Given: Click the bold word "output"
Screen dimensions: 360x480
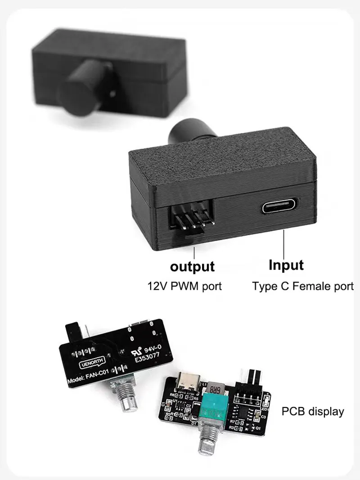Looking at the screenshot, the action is [x=192, y=266].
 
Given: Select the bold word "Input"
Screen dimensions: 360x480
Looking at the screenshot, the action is [x=286, y=265].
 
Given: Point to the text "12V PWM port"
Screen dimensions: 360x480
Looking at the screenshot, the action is [x=185, y=286].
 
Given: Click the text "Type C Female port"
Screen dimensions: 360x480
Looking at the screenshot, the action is [x=303, y=286].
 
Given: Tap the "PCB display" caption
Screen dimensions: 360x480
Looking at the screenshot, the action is [x=313, y=411].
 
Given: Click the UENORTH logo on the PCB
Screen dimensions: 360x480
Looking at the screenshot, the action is [x=91, y=363].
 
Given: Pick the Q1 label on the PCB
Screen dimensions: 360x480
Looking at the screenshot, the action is [x=258, y=427].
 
